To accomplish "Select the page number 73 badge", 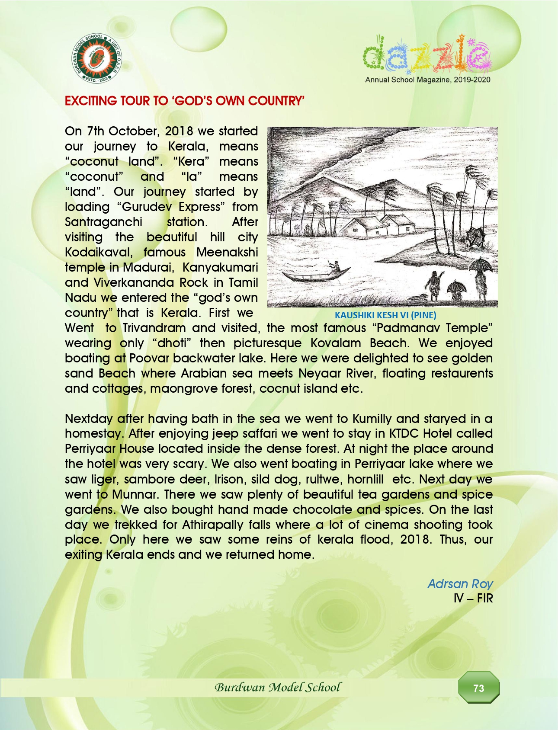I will point(479,688).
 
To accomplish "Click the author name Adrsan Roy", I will point(460,584).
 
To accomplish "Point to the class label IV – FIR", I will point(473,599).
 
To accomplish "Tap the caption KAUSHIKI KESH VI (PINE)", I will point(385,315).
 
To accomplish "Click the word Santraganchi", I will point(103,222).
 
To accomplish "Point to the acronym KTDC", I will point(404,433).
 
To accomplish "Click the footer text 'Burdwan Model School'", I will point(278,687).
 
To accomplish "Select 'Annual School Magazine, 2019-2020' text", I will point(427,80).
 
